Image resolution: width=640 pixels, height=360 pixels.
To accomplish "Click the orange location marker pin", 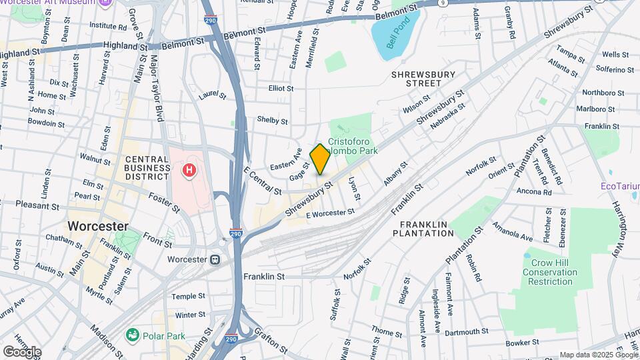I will pos(320,159).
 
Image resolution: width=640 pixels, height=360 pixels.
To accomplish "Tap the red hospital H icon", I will pos(190,171).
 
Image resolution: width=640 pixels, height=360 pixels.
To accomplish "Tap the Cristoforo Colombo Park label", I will pos(354,147).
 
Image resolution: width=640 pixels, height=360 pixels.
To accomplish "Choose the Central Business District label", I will pos(147,167).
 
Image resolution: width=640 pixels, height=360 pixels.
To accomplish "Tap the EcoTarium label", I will pos(619,185).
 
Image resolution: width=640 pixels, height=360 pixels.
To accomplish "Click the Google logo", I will pos(22,351).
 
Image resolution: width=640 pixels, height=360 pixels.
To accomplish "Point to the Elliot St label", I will pos(281,88).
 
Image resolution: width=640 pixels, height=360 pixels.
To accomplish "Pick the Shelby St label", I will pos(272,121).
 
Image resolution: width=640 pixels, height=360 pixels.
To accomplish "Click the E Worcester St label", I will pos(330,213).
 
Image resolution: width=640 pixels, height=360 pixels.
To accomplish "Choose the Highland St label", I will pos(125,47).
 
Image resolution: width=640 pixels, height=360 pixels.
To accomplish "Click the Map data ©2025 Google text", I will pos(597,355).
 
